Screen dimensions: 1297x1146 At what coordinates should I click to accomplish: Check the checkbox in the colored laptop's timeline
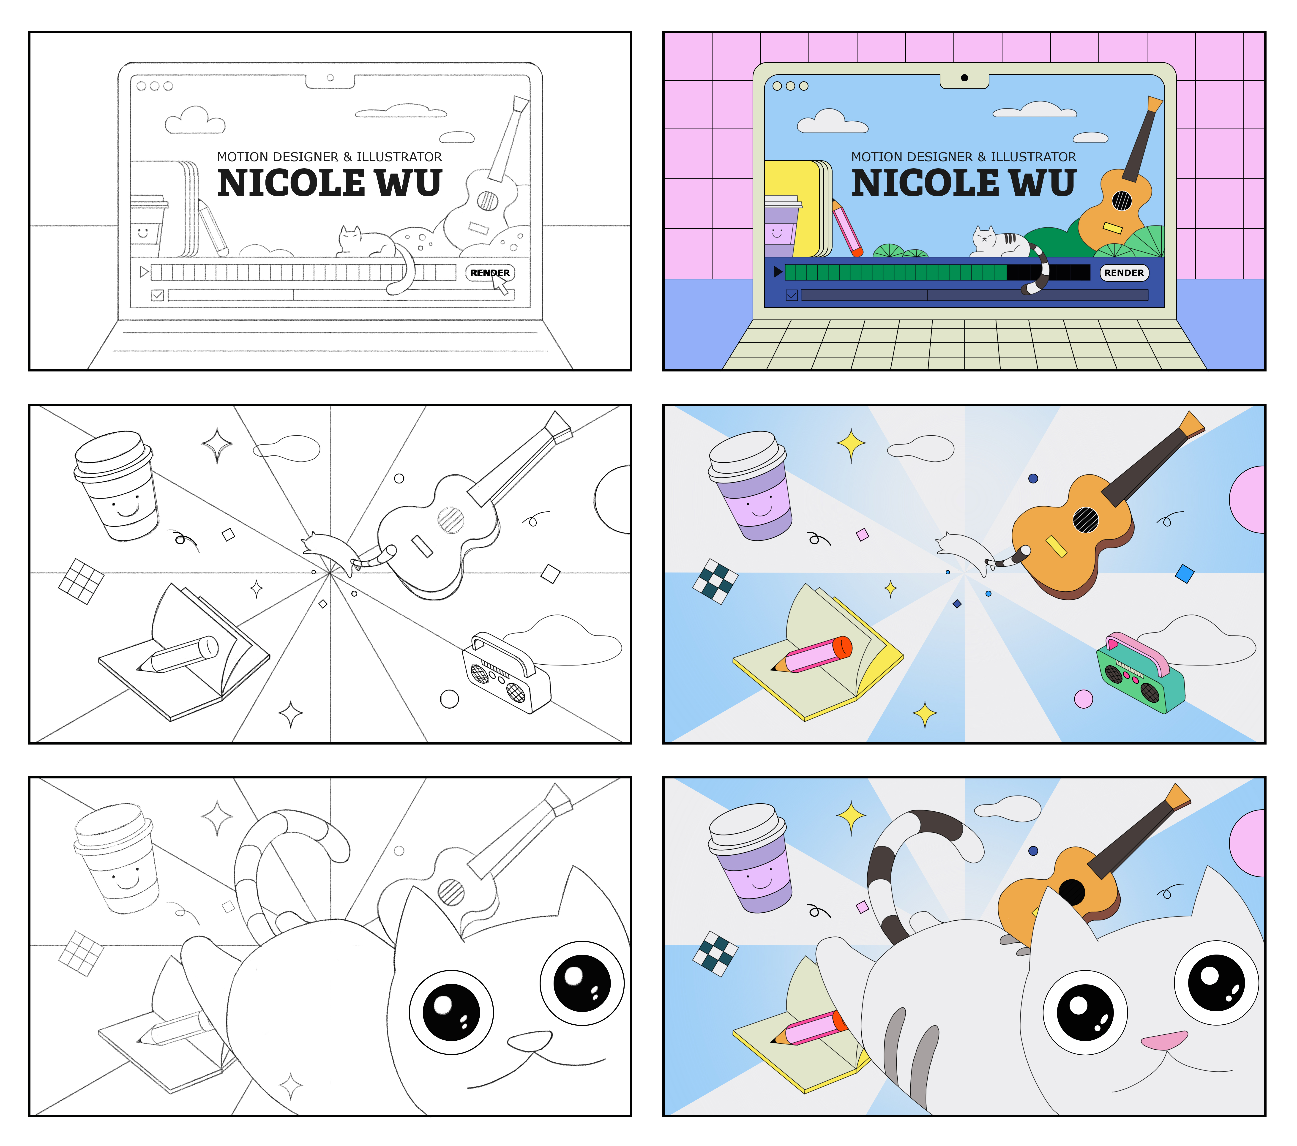pos(791,295)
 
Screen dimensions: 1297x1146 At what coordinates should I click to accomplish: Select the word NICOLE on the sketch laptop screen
pos(291,183)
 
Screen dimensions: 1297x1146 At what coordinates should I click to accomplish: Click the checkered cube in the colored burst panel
pos(715,581)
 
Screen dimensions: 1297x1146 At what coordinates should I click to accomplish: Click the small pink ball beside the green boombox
pos(1083,699)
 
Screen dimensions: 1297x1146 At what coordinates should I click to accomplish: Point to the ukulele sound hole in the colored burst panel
pos(1086,520)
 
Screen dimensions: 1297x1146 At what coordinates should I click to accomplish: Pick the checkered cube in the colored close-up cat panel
pos(715,954)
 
